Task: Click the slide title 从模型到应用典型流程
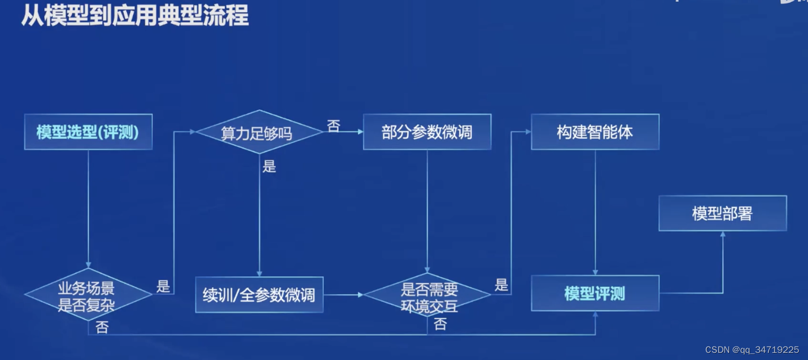pyautogui.click(x=135, y=15)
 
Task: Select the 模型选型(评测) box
pyautogui.click(x=88, y=132)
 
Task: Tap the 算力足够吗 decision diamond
pyautogui.click(x=259, y=133)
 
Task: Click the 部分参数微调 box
pyautogui.click(x=427, y=132)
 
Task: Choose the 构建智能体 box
pyautogui.click(x=595, y=132)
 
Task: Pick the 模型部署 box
pyautogui.click(x=722, y=214)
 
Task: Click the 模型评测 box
pyautogui.click(x=595, y=293)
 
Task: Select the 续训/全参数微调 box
pyautogui.click(x=259, y=295)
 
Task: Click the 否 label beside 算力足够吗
pyautogui.click(x=333, y=125)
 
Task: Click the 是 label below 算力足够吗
pyautogui.click(x=269, y=166)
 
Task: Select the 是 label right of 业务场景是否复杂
pyautogui.click(x=163, y=286)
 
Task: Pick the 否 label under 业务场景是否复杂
pyautogui.click(x=102, y=327)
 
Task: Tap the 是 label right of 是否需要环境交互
pyautogui.click(x=501, y=285)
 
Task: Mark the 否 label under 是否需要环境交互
pyautogui.click(x=440, y=324)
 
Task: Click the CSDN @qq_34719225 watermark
pyautogui.click(x=752, y=350)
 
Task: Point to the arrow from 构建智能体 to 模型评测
pyautogui.click(x=595, y=213)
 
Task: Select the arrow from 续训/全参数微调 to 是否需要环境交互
pyautogui.click(x=343, y=295)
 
